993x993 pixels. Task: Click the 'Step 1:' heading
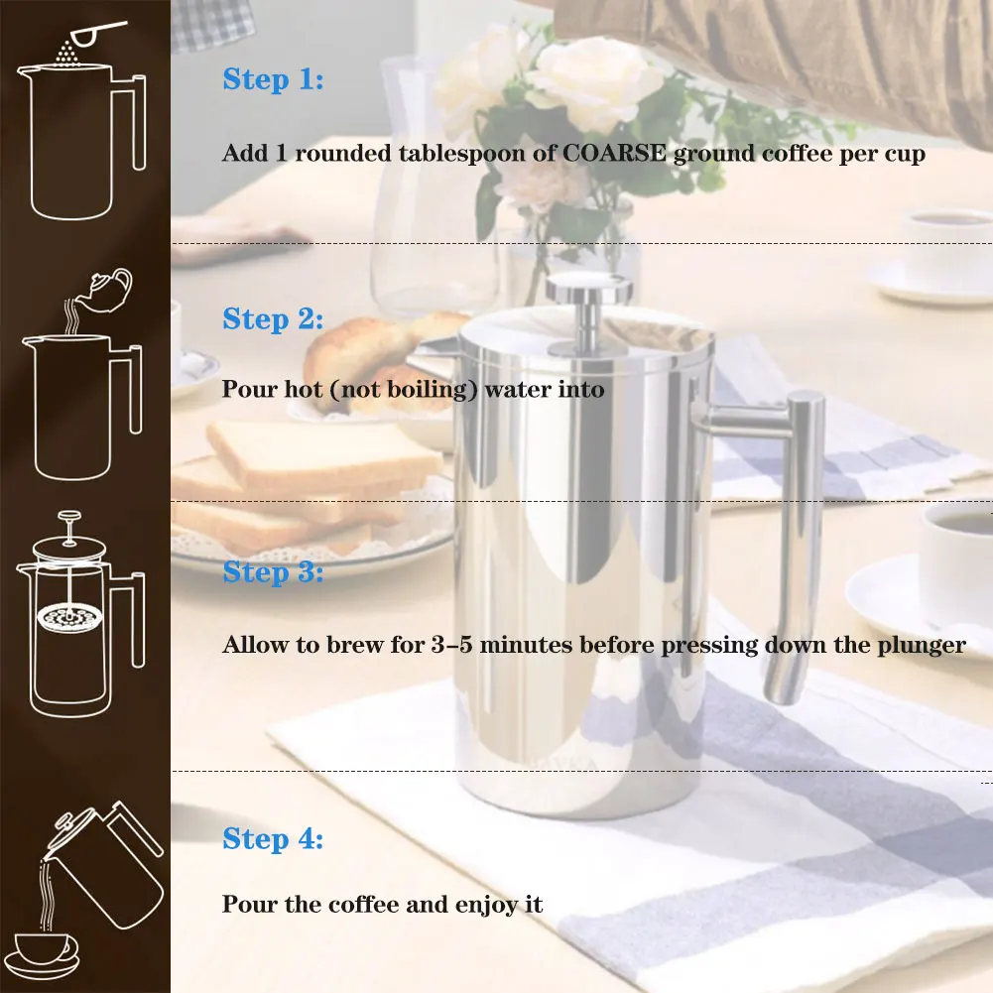click(273, 79)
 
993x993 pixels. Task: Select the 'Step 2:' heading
click(273, 319)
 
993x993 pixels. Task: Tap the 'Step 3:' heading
click(273, 571)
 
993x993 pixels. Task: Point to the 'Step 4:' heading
click(273, 838)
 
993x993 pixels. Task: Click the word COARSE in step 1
click(614, 153)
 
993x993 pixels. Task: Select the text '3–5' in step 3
click(451, 645)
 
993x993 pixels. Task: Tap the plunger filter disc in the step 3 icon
click(69, 617)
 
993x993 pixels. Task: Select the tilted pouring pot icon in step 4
click(107, 863)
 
